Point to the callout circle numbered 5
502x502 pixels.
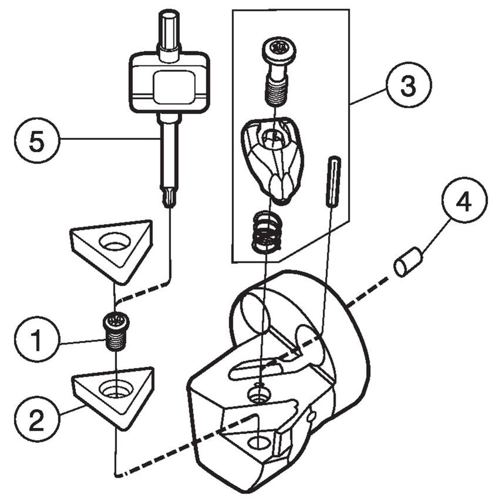(37, 142)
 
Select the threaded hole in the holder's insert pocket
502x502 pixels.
(256, 442)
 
